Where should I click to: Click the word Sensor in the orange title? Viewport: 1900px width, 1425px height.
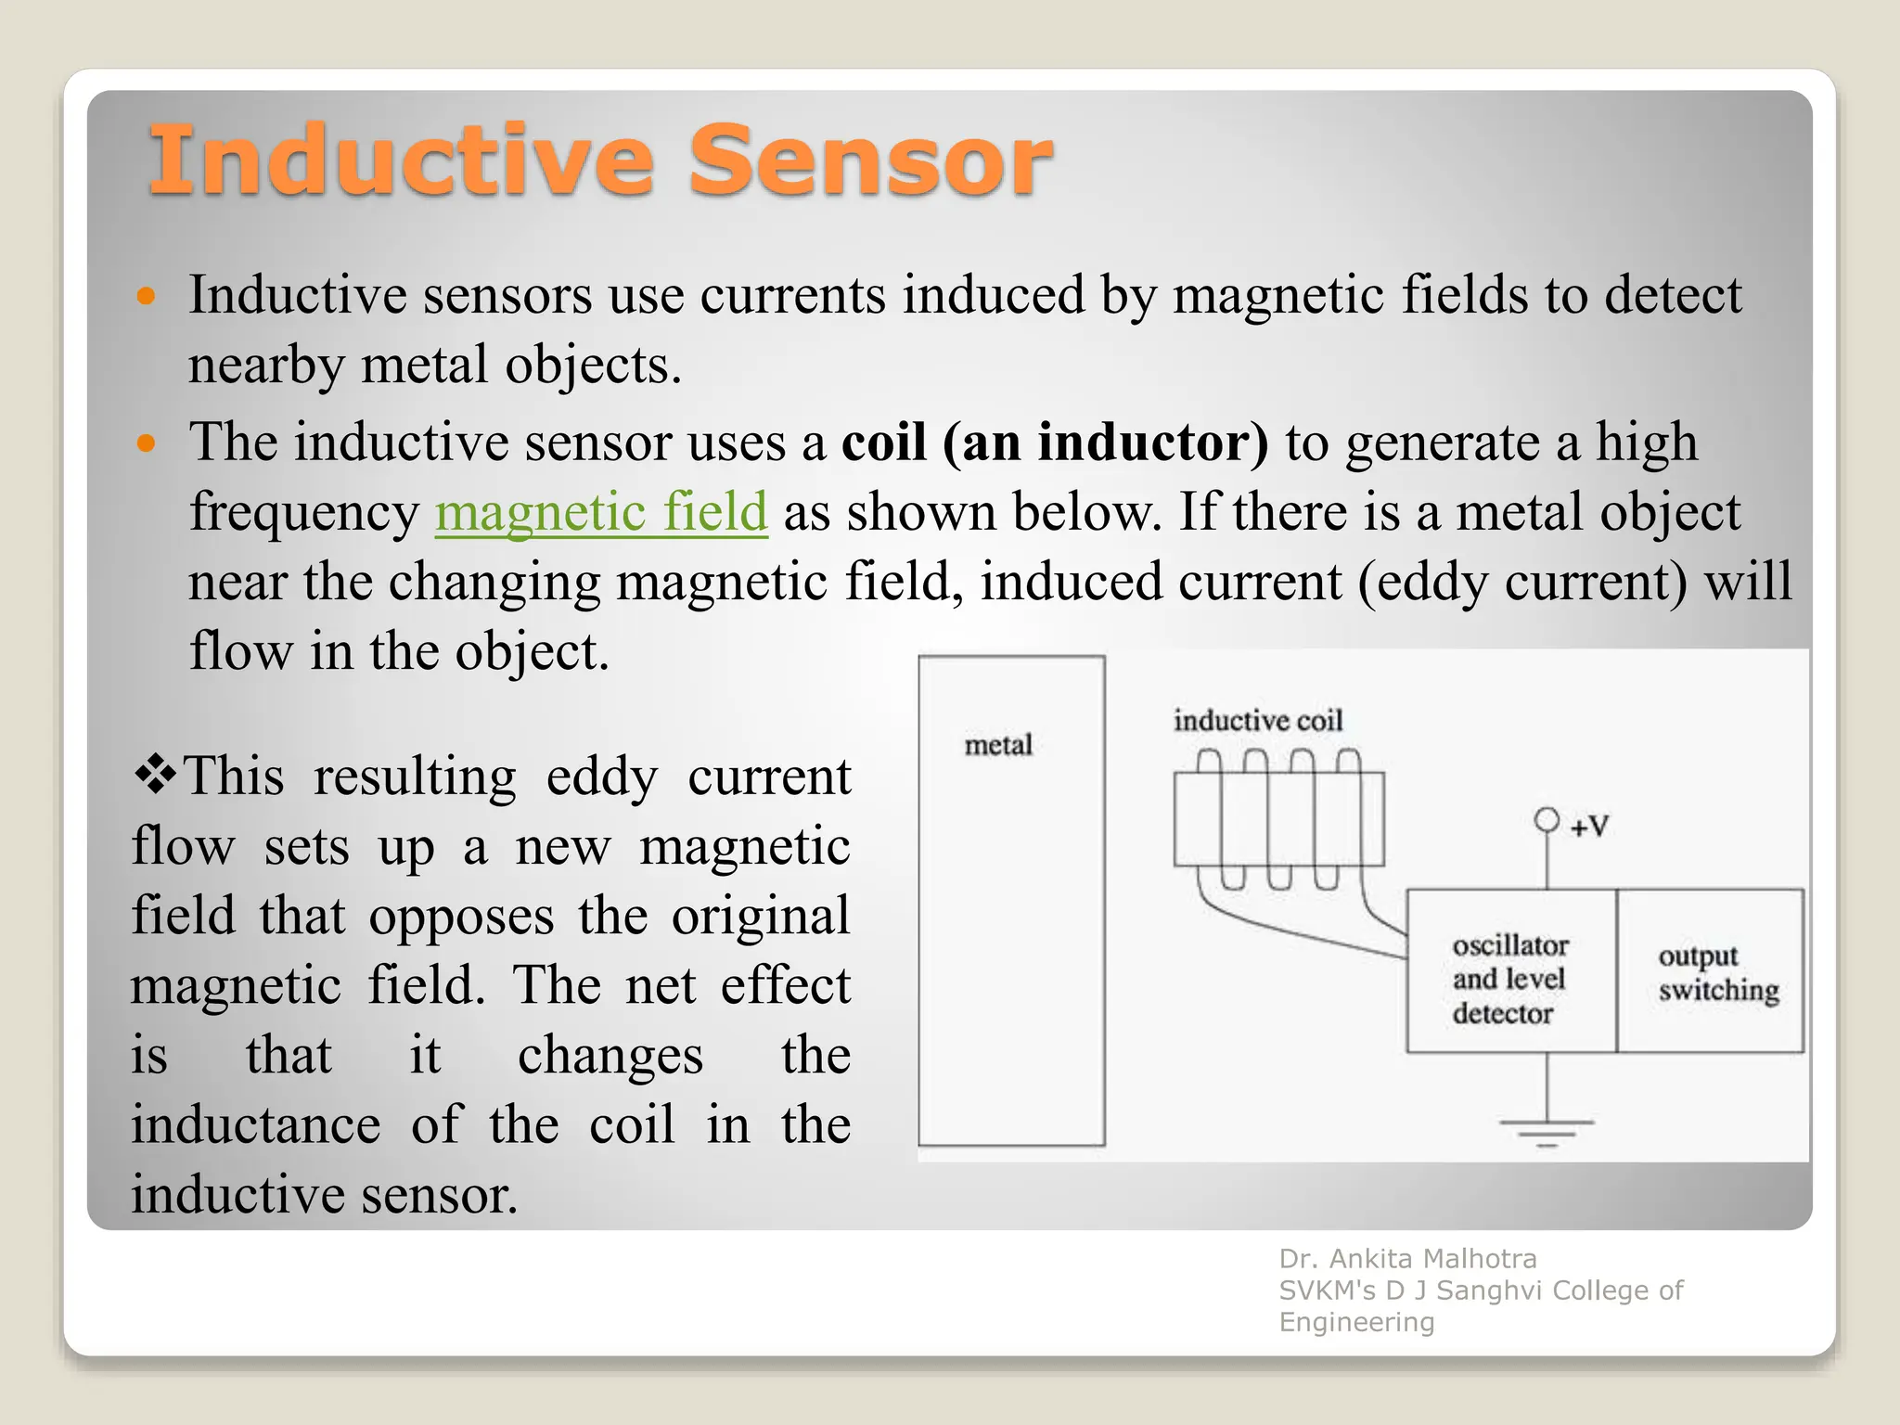(869, 161)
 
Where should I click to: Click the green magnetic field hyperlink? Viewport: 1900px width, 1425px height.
(601, 512)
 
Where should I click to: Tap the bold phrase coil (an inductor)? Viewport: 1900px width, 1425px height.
(1055, 442)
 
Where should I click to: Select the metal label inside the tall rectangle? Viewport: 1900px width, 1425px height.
(998, 745)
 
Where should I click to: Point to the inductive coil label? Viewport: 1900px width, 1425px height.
(1257, 721)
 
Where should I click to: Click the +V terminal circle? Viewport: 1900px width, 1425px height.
(1547, 820)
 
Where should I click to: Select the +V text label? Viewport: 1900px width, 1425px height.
(1589, 826)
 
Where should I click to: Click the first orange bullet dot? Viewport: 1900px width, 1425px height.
(146, 298)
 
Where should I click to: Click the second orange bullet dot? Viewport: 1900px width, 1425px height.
(146, 443)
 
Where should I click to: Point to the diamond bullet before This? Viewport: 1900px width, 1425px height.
(155, 775)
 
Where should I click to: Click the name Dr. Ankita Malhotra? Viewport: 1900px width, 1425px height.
(1407, 1259)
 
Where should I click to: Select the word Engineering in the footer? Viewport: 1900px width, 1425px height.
(1356, 1322)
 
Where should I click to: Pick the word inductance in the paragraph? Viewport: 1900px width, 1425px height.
(255, 1125)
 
